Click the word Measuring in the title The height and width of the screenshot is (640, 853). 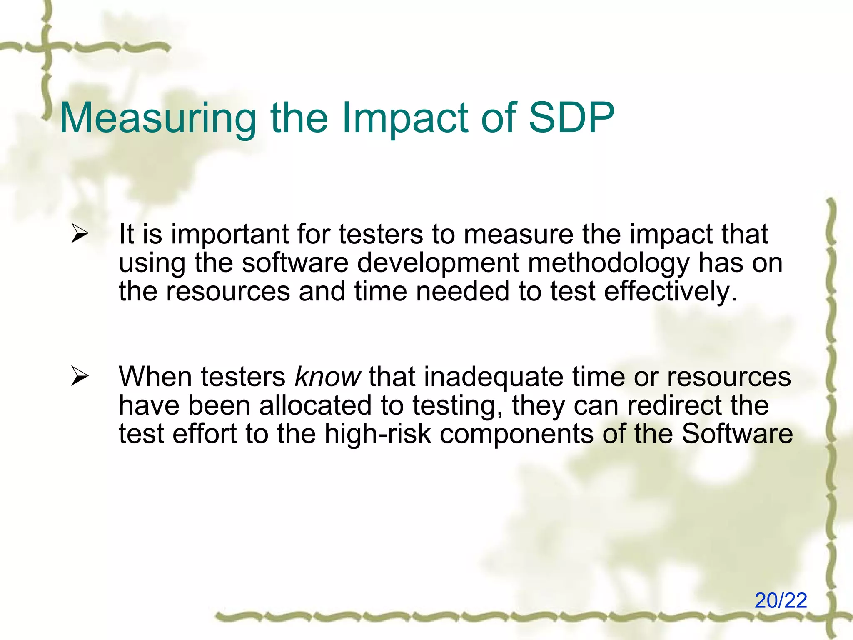(x=158, y=119)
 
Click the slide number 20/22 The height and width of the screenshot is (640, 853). (x=781, y=601)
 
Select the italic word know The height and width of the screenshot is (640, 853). (x=327, y=377)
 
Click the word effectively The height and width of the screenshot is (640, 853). (x=670, y=291)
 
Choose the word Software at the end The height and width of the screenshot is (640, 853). (x=737, y=434)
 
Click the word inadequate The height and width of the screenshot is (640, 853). (x=494, y=377)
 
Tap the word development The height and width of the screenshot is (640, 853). (x=438, y=263)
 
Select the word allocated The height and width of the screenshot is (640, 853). (x=315, y=405)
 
